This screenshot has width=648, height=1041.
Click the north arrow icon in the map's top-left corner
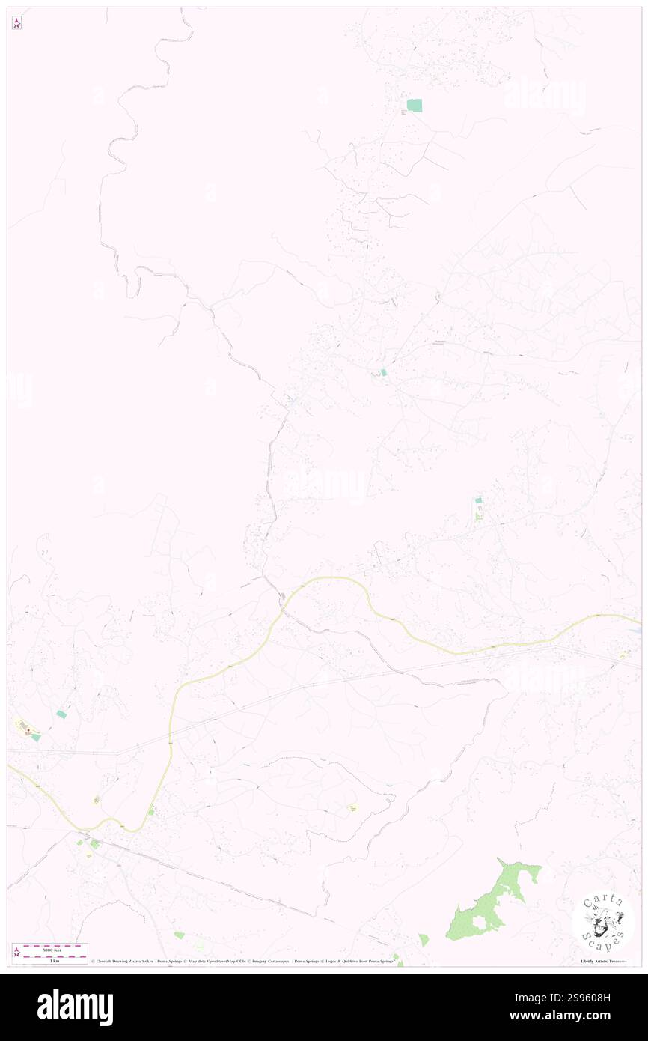tap(16, 24)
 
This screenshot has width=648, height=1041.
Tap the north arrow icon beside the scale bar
tap(16, 952)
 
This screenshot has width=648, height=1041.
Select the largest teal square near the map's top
tap(414, 106)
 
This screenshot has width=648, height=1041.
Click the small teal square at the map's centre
tap(383, 372)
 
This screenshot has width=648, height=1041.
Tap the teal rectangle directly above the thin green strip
tap(478, 500)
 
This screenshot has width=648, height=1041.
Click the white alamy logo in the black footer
tap(75, 1007)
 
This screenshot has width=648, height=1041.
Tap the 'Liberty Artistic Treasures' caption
tap(602, 961)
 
